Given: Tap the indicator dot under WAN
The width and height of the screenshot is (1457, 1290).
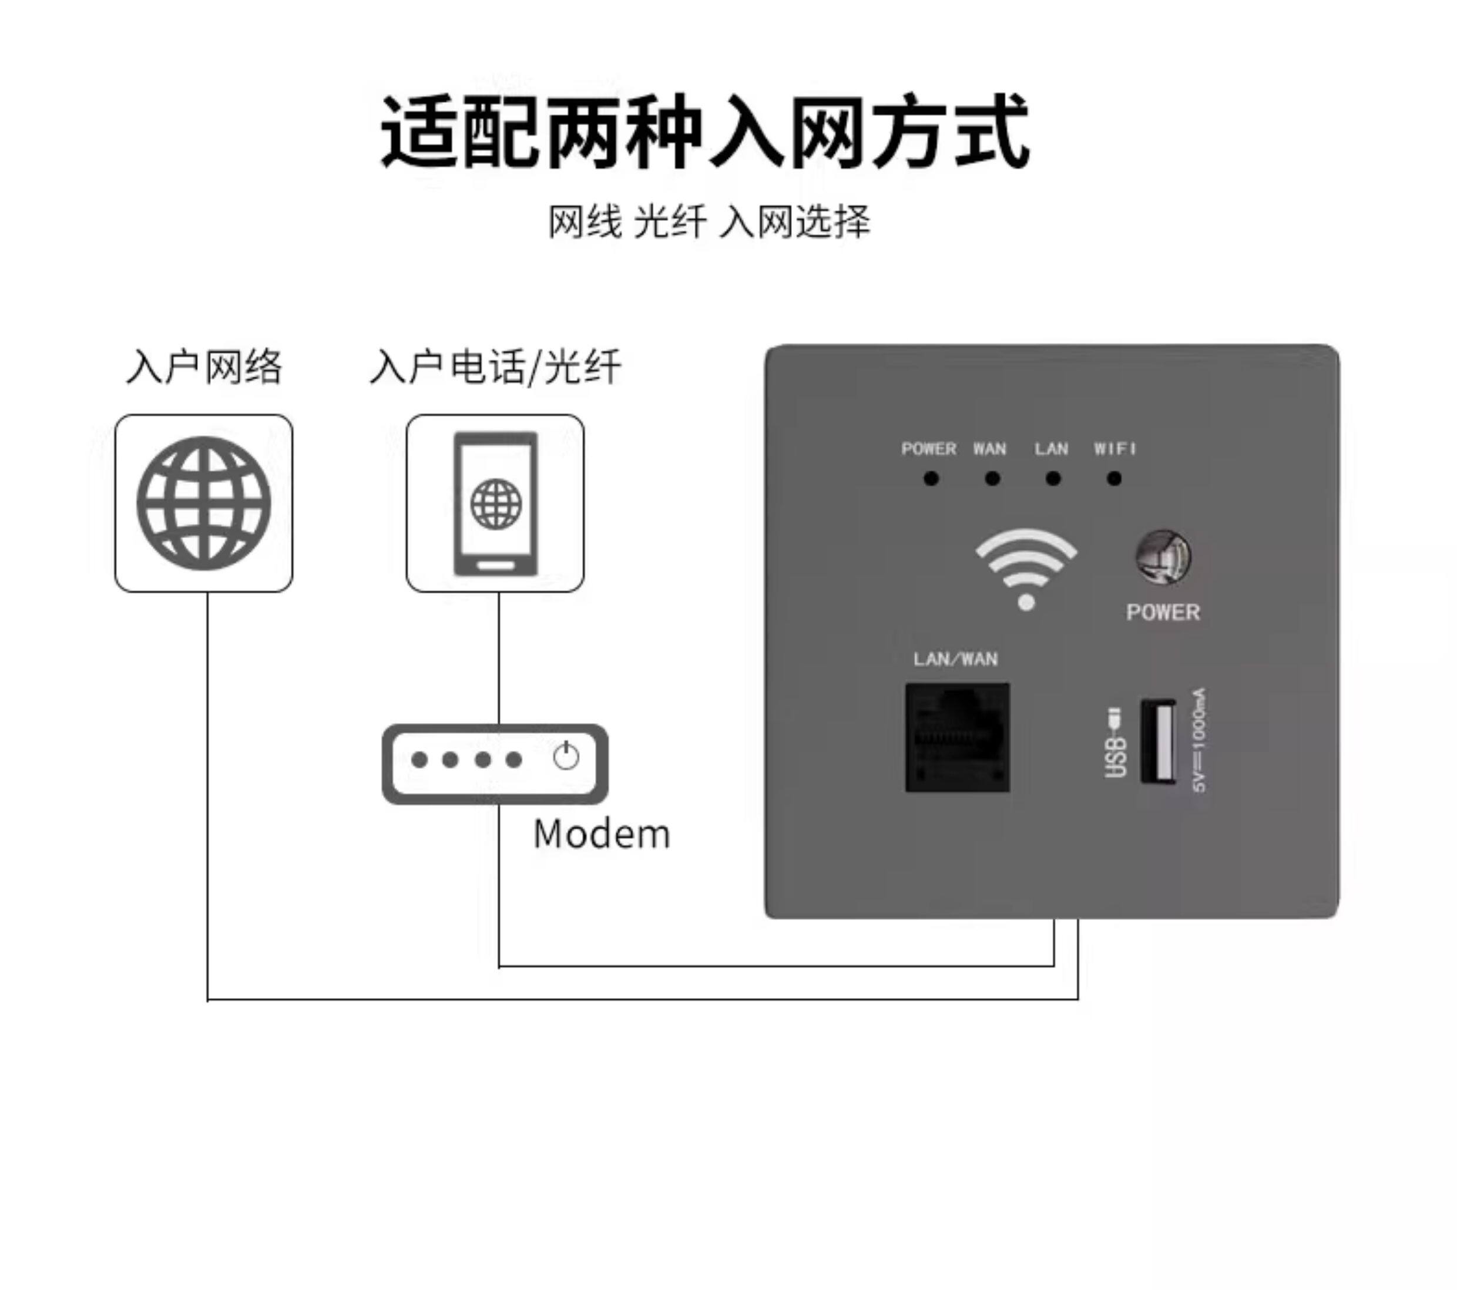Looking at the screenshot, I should [992, 479].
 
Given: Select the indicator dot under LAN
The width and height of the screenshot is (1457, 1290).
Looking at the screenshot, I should [1053, 479].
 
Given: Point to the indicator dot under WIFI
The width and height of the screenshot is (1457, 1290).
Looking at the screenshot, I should [1114, 479].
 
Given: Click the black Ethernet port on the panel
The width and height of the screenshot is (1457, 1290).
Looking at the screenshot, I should [957, 738].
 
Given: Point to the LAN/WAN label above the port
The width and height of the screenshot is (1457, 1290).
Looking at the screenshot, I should [955, 659].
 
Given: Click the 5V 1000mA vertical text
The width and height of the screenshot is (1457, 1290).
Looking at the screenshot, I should [1199, 740].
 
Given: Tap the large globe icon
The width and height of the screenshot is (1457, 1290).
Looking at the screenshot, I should [204, 503].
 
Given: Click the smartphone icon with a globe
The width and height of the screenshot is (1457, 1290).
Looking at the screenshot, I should [495, 503].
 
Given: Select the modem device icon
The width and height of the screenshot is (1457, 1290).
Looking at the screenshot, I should [495, 763].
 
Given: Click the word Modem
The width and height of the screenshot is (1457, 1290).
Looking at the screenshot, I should [602, 835].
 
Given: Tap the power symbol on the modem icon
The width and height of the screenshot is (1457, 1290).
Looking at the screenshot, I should [566, 756].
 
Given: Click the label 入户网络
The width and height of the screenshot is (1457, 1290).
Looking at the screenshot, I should [204, 367].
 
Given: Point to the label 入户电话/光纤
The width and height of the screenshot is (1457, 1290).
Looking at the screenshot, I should [495, 367].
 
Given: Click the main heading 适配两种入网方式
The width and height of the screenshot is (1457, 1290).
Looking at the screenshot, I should [705, 132].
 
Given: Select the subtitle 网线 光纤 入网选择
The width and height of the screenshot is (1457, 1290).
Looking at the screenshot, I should [709, 221].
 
